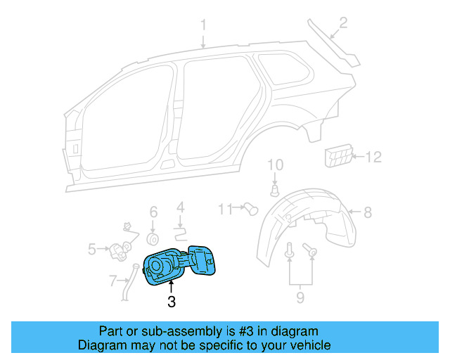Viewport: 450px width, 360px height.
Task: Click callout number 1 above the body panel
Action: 204,26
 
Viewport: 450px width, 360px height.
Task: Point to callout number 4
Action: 180,207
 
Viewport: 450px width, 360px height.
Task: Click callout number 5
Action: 92,248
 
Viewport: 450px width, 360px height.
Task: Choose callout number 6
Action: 153,212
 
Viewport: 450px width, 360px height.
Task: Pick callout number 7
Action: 112,281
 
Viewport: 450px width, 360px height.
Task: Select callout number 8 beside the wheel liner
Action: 368,210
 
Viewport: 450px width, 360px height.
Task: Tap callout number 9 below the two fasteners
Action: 300,298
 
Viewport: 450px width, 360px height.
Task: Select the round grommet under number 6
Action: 153,234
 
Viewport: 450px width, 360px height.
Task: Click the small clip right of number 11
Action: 250,208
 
